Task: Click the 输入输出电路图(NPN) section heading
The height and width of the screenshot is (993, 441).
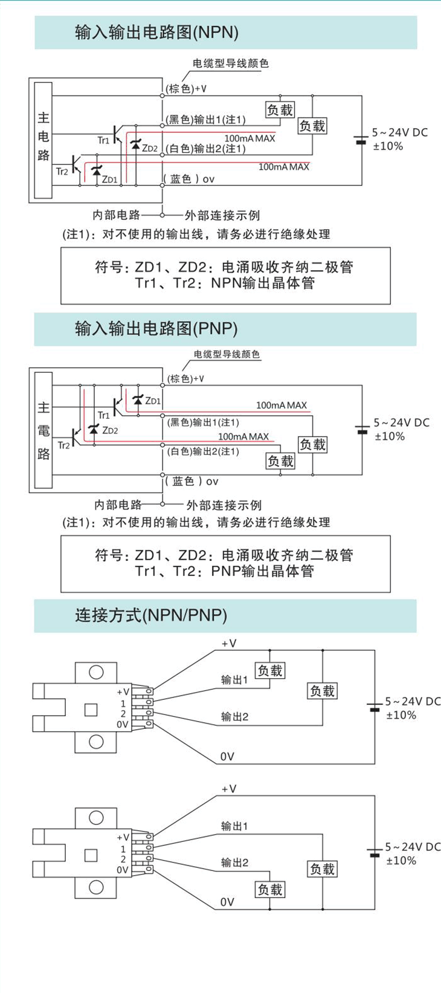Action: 156,33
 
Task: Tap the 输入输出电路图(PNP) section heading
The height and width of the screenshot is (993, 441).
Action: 156,329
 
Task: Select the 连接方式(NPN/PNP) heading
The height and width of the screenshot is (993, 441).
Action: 151,615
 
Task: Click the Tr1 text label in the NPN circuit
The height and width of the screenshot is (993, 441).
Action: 103,140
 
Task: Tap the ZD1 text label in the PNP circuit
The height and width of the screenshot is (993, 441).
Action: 153,401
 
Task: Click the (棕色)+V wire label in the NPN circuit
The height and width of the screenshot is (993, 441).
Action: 187,89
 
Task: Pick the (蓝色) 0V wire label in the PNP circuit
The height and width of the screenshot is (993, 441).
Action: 192,482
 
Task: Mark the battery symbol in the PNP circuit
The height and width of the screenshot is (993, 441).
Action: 362,430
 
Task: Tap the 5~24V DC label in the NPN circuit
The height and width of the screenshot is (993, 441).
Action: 399,132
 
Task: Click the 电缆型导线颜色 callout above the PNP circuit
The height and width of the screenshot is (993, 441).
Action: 227,355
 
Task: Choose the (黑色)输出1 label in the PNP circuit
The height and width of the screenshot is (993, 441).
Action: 203,422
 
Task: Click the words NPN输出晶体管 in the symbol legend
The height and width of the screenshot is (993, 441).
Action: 263,283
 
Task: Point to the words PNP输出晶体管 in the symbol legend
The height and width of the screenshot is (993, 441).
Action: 262,571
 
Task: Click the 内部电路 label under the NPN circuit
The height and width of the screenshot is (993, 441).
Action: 117,215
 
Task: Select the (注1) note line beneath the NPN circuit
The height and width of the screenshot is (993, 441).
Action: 197,234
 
